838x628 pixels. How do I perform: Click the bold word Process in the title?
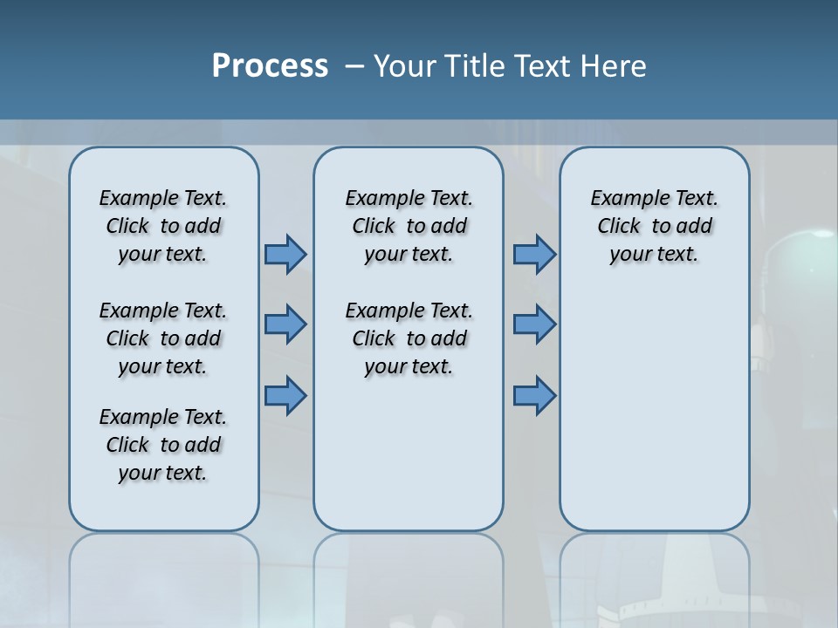[270, 66]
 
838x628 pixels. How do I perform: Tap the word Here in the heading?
[611, 66]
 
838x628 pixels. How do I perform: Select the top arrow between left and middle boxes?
[285, 254]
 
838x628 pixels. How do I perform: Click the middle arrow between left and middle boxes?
[285, 324]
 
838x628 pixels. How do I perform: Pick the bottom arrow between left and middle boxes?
[285, 395]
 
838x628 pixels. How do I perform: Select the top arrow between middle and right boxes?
[534, 254]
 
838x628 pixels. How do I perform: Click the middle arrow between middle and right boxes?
[534, 324]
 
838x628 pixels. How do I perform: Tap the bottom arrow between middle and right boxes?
[534, 395]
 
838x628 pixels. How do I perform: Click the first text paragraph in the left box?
[163, 226]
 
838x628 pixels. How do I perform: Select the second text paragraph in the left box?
[163, 338]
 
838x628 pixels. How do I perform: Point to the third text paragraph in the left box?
[163, 445]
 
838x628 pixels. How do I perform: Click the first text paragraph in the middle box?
[409, 226]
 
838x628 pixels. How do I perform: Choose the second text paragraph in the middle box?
[409, 338]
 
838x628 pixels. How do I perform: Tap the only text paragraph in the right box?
[654, 226]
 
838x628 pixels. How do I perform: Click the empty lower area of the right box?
[654, 419]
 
